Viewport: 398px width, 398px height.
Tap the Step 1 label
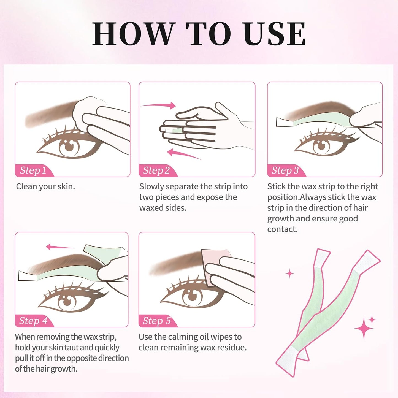33,170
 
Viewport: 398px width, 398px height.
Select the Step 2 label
156,170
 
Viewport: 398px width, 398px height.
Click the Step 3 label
285,170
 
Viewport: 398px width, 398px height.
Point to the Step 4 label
33,321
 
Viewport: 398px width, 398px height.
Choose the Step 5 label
156,321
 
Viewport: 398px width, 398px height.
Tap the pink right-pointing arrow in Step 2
160,105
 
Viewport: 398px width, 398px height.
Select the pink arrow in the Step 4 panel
59,247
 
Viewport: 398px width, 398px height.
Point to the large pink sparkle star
364,328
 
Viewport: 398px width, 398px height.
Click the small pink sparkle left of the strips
290,274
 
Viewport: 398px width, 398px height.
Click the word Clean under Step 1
26,186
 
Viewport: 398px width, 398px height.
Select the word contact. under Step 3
282,229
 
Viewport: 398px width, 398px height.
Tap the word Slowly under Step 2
151,186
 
